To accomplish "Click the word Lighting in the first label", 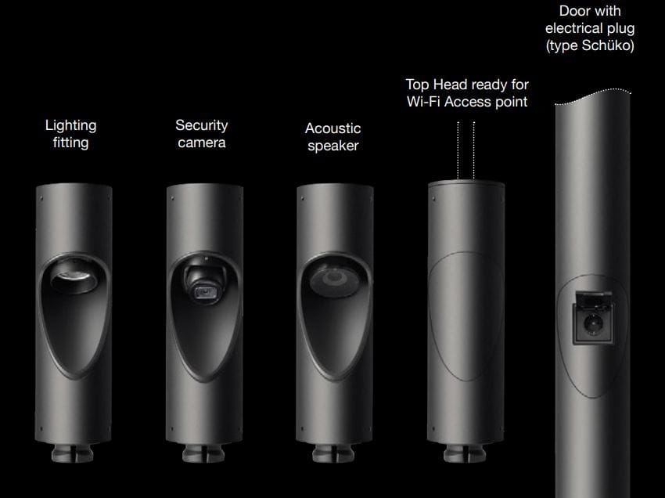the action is (71, 125).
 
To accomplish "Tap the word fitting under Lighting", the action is (71, 143).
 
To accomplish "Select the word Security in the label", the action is (201, 125).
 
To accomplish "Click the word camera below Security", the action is (201, 143).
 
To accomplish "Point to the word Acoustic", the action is (333, 128).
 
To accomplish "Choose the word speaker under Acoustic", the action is (333, 146).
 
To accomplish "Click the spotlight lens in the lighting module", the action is (74, 278).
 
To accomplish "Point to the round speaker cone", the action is (334, 280).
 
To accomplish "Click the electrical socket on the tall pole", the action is (592, 324).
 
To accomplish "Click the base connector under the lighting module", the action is (73, 453).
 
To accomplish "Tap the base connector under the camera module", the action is (203, 453).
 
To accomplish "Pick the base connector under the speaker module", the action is (333, 453).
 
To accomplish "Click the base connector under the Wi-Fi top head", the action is (465, 453).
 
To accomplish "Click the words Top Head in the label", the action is (436, 85).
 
